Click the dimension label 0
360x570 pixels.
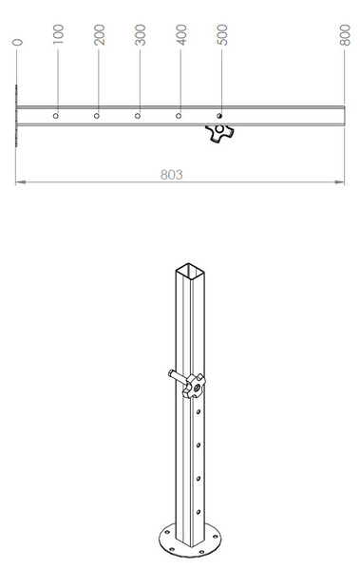17,43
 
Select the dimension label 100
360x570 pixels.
58,35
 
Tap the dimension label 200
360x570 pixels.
100,35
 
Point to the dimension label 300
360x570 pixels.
141,35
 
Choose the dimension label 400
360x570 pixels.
181,35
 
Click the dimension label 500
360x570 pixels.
222,35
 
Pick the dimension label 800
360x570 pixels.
345,35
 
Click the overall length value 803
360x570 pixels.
172,175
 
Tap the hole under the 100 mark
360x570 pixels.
56,116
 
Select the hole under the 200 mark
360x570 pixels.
96,116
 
